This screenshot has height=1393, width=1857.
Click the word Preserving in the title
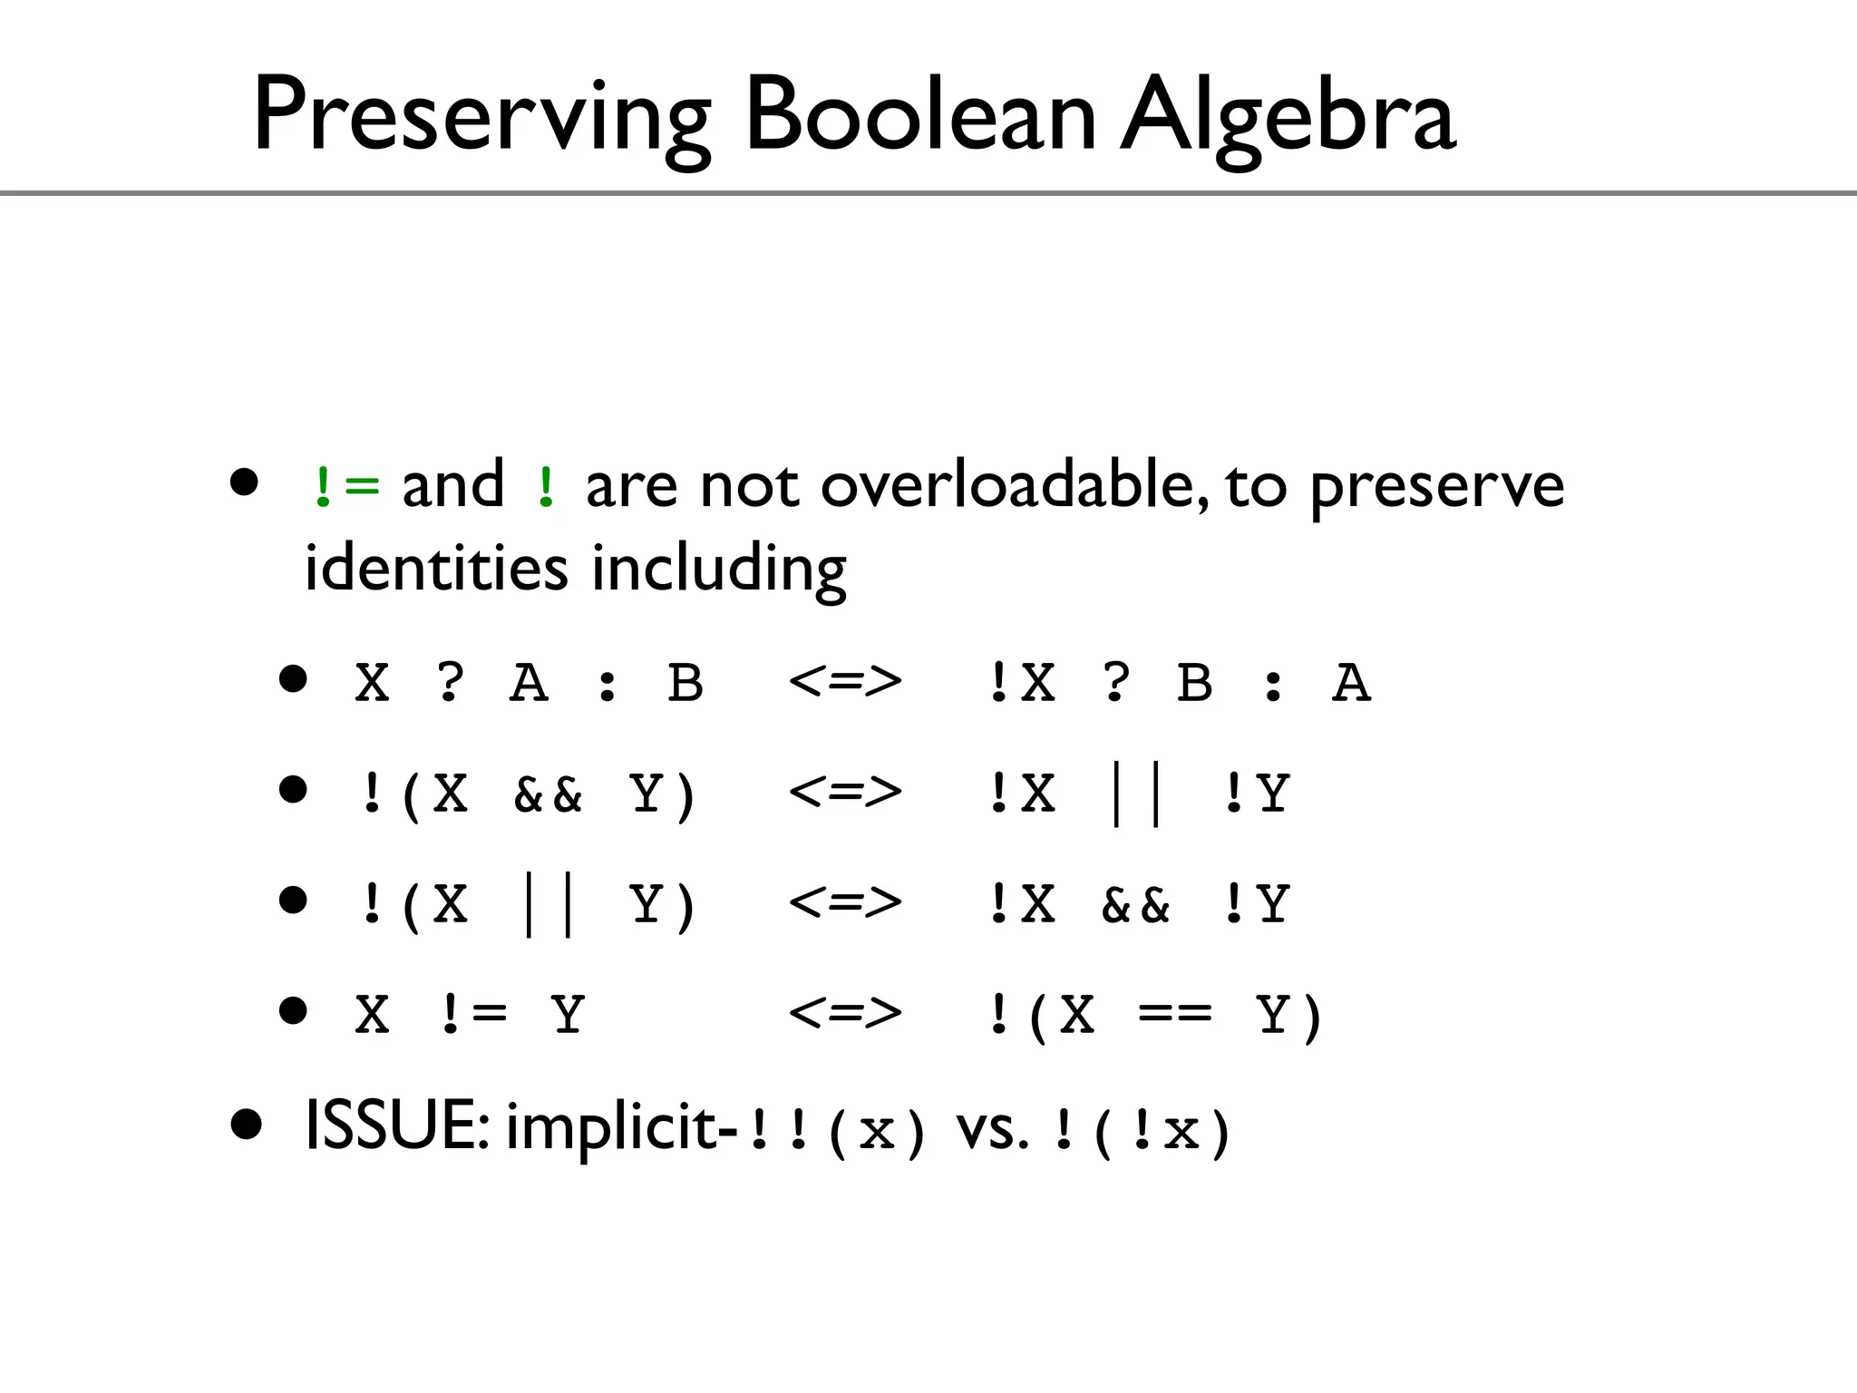(481, 116)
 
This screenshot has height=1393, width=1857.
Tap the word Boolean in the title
(919, 116)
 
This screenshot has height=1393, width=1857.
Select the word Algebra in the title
(1288, 116)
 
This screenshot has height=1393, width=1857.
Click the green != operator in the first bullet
(345, 487)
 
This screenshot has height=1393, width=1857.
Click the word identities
(435, 568)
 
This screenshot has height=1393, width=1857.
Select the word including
(718, 570)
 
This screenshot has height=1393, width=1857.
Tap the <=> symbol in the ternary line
(845, 682)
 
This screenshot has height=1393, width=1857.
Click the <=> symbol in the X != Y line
(845, 1013)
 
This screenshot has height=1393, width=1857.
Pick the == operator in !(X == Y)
(1174, 1014)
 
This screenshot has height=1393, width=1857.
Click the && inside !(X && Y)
(548, 794)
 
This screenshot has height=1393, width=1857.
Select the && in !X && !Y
(1135, 904)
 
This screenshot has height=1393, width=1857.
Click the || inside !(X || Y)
(548, 904)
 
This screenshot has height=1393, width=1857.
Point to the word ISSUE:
(397, 1125)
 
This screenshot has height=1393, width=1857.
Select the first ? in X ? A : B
(451, 682)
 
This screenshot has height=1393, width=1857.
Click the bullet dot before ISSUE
(246, 1125)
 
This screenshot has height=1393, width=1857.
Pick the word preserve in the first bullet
(1436, 487)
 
